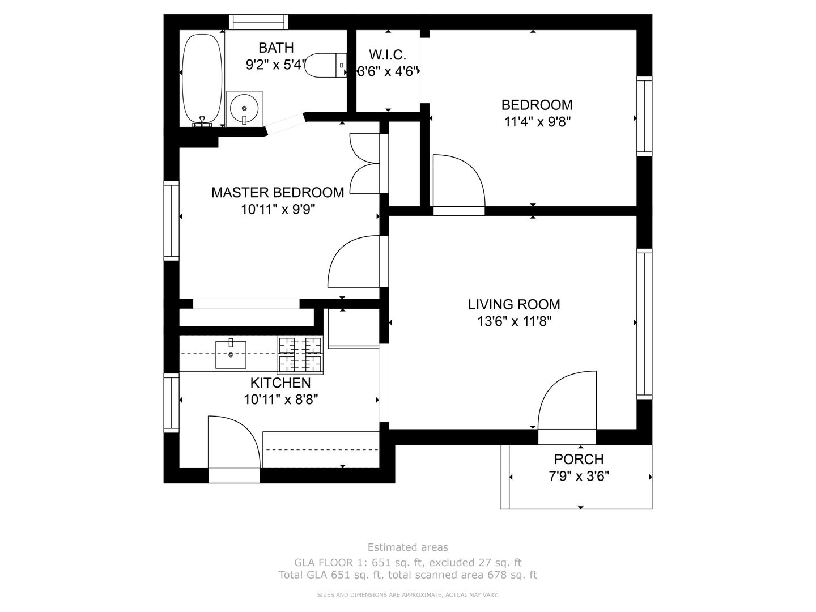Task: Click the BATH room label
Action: point(276,48)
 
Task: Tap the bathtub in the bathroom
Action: point(202,79)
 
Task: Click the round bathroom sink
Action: point(244,108)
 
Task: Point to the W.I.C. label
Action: point(388,55)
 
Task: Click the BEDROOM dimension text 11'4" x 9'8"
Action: point(537,121)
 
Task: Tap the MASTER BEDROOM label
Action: point(278,193)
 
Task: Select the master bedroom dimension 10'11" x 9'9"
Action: point(278,210)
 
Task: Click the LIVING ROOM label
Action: point(514,305)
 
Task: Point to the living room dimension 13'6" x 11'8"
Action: point(514,321)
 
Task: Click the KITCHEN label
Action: point(280,382)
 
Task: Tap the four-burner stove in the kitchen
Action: point(300,355)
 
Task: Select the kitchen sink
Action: point(231,355)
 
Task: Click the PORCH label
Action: point(579,459)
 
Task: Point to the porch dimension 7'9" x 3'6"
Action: point(579,477)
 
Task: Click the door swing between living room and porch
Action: point(567,401)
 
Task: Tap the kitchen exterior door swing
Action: point(234,441)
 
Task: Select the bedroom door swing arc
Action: point(459,180)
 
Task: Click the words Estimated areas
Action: point(408,547)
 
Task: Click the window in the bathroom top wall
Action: point(258,22)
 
